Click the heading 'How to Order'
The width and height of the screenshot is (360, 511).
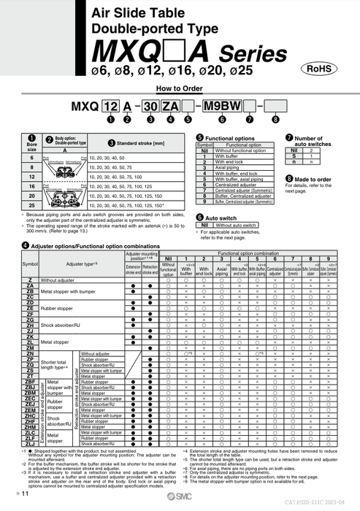click(180, 88)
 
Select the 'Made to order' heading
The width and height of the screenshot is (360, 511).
click(313, 178)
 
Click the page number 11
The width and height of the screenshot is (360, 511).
click(24, 495)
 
